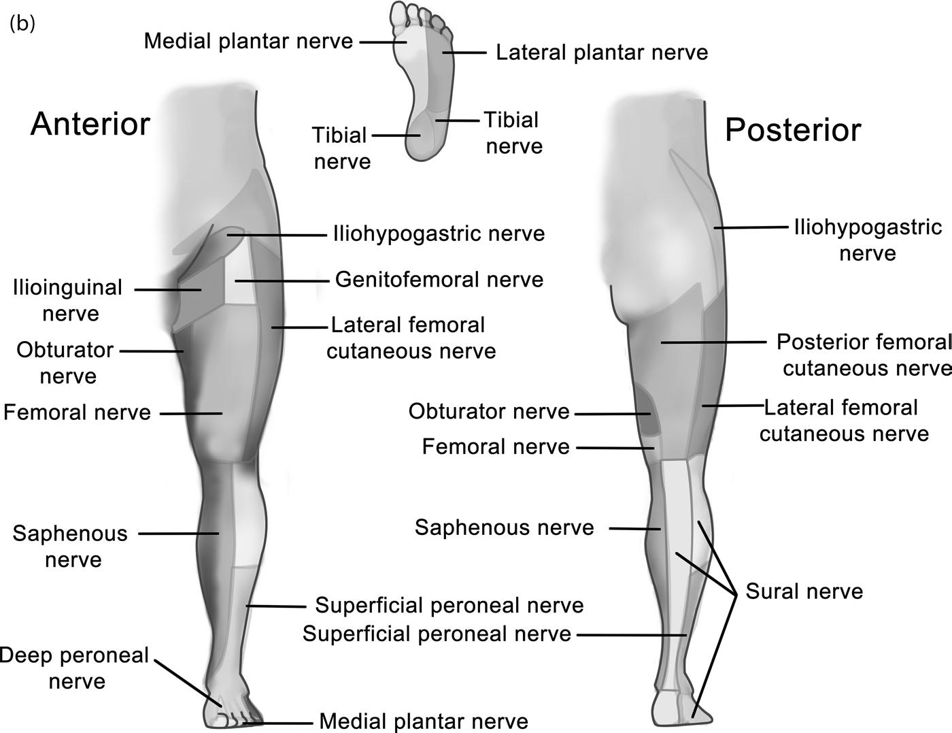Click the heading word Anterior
tap(90, 125)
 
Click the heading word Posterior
tap(793, 129)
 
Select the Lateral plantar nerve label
tap(602, 52)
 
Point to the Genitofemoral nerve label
tap(439, 280)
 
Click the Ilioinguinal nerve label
tap(68, 300)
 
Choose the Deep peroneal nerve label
tap(75, 668)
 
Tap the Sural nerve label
tap(804, 591)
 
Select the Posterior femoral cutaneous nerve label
tap(864, 355)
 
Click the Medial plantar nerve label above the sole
tap(248, 41)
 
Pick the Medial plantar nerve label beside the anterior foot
tap(424, 721)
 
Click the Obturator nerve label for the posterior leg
tap(489, 411)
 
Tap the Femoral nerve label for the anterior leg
tap(77, 412)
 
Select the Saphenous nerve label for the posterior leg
tap(505, 527)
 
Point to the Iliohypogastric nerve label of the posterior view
tap(868, 240)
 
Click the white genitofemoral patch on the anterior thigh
tap(241, 282)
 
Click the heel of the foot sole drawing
tap(424, 140)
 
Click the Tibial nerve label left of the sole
tap(341, 148)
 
